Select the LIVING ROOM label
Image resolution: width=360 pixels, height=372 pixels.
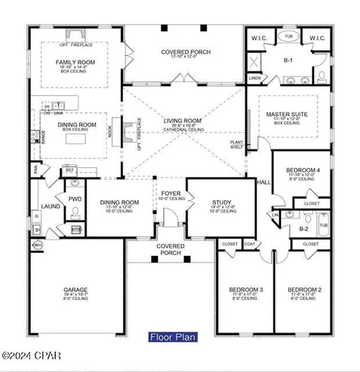pos(183,120)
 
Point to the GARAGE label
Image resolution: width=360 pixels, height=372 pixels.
pos(75,290)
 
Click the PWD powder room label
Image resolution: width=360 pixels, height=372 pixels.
pos(75,199)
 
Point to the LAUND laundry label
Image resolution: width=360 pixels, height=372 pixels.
pos(51,207)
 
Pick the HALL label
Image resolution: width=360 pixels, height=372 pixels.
pos(263,183)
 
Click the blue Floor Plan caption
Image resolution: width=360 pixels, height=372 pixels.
pos(173,337)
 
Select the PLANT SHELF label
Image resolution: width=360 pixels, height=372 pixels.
pos(237,144)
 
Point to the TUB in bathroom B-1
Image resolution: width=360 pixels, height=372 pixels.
pos(289,36)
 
